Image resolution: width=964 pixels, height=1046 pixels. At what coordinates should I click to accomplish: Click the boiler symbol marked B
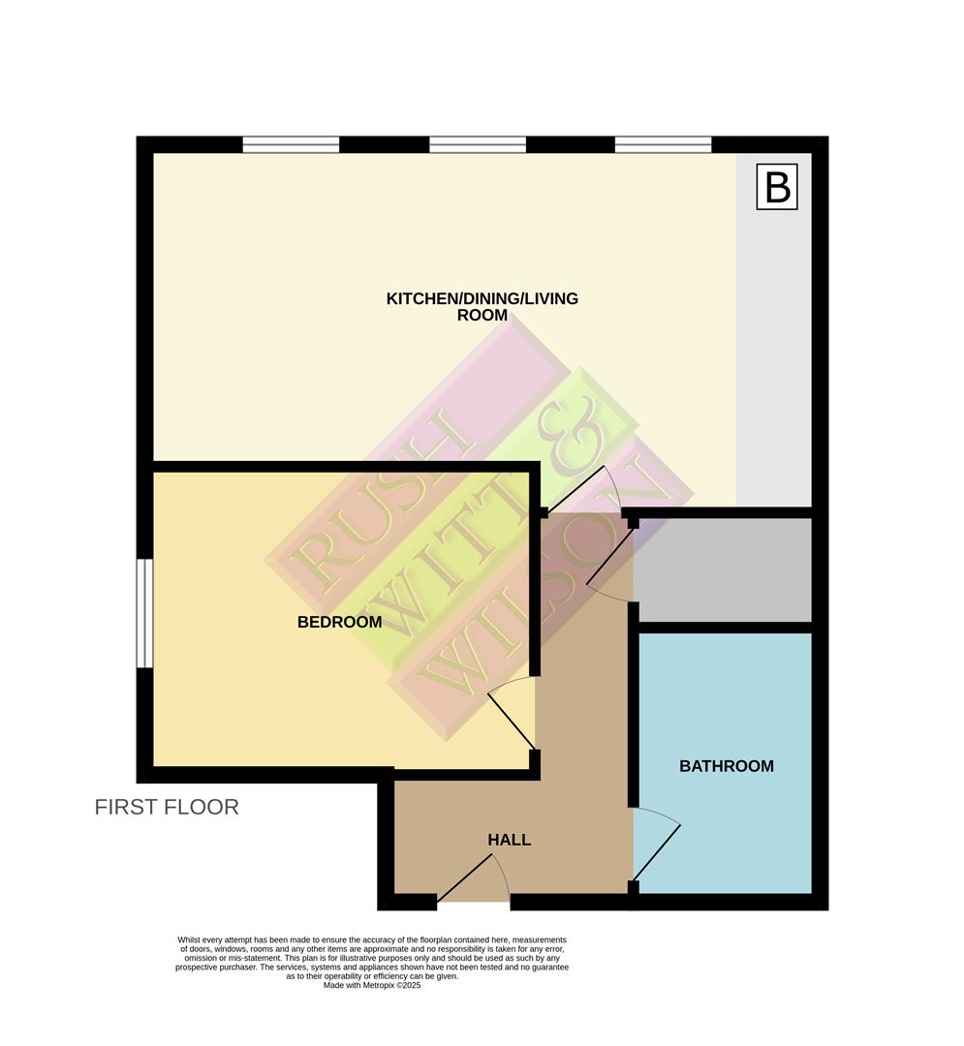(777, 187)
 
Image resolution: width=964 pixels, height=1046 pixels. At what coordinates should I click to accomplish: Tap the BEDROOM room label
(339, 622)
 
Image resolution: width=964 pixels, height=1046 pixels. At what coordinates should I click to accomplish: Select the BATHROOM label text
(726, 766)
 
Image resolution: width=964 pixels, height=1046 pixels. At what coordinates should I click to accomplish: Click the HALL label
(509, 840)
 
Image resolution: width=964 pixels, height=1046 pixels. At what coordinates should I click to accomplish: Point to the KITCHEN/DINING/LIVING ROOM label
(482, 306)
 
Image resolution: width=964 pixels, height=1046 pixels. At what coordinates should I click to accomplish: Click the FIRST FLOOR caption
(167, 807)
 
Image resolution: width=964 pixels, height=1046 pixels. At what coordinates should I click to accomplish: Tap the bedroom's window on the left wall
(143, 613)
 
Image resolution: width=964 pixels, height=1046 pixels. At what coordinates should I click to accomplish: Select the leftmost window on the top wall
(291, 145)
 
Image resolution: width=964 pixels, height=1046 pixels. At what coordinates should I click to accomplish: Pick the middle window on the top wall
(477, 145)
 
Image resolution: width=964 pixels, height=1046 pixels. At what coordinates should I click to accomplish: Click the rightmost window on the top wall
(663, 145)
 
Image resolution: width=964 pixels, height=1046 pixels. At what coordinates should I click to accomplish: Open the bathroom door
(657, 849)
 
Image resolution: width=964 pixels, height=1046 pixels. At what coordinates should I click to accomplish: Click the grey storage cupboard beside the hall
(722, 569)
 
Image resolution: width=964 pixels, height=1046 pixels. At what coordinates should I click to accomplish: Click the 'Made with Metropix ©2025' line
(372, 986)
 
